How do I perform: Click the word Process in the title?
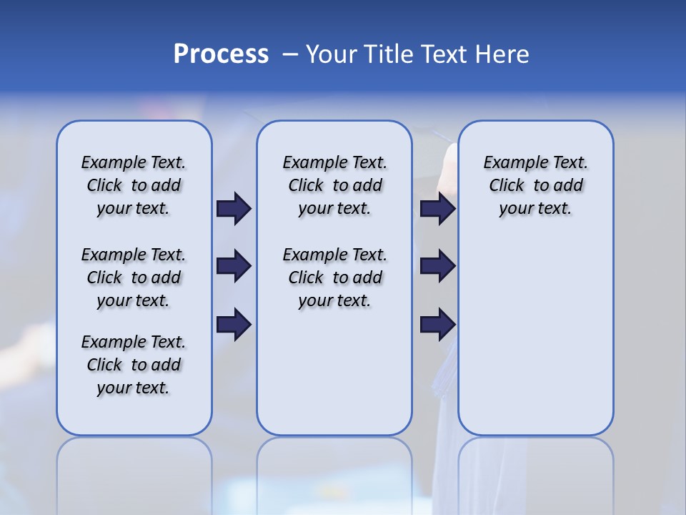pyautogui.click(x=221, y=54)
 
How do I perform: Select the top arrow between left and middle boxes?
pyautogui.click(x=234, y=209)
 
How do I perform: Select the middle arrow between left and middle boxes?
pyautogui.click(x=234, y=266)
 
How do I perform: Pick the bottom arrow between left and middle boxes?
pyautogui.click(x=234, y=325)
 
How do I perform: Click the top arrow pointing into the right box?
pyautogui.click(x=437, y=209)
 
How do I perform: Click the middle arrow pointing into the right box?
pyautogui.click(x=437, y=266)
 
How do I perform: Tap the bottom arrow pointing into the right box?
pyautogui.click(x=437, y=325)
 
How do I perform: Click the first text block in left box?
pyautogui.click(x=134, y=185)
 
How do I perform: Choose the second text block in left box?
pyautogui.click(x=134, y=278)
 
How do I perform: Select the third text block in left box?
pyautogui.click(x=134, y=365)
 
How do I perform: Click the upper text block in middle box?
pyautogui.click(x=334, y=185)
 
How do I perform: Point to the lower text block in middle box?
pyautogui.click(x=334, y=278)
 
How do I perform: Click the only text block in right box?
pyautogui.click(x=535, y=185)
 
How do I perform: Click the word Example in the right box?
pyautogui.click(x=511, y=163)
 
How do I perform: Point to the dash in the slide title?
pyautogui.click(x=290, y=54)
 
